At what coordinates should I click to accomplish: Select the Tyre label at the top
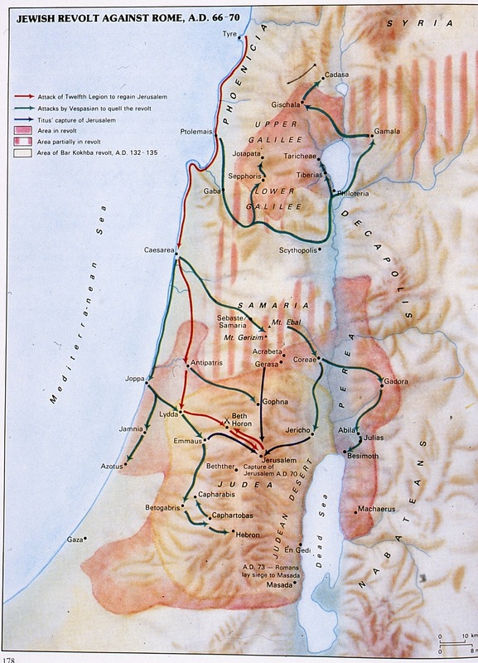click(229, 35)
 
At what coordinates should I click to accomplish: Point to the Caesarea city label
click(158, 249)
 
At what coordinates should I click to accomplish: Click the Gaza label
click(75, 540)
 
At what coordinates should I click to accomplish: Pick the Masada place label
click(278, 585)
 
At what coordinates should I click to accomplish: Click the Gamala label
click(387, 131)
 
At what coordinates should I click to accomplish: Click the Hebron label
click(248, 536)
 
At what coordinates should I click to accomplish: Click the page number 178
click(10, 659)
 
